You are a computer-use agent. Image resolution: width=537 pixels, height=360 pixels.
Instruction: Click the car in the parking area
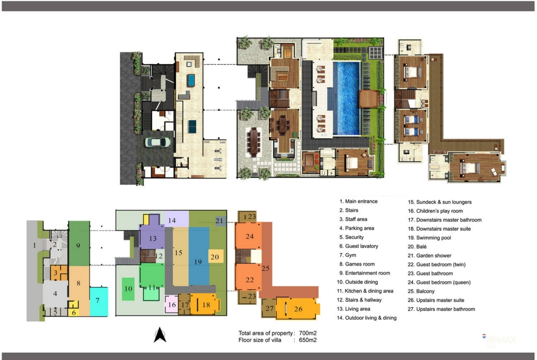click(x=157, y=142)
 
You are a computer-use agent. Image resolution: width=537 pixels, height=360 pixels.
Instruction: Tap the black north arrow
click(x=160, y=335)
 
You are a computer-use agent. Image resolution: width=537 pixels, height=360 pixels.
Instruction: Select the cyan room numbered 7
click(x=99, y=301)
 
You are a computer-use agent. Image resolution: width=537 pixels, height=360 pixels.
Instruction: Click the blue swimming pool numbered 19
click(x=199, y=256)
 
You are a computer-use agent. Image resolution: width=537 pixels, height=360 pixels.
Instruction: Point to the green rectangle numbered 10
click(x=128, y=289)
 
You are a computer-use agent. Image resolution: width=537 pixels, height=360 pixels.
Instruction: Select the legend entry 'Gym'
click(x=347, y=255)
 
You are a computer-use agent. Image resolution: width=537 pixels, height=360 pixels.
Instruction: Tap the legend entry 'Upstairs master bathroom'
click(x=441, y=310)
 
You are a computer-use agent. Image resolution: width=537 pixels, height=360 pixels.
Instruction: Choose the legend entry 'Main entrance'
click(x=358, y=202)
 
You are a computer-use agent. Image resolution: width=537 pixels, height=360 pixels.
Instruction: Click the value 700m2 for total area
click(x=308, y=333)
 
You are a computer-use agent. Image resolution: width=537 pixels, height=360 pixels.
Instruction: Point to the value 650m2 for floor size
click(x=308, y=340)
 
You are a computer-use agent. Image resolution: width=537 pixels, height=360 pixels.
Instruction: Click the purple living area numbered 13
click(x=152, y=237)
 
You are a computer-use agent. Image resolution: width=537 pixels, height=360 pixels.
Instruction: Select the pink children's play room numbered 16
click(x=172, y=304)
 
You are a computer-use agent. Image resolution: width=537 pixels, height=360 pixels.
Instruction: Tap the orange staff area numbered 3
click(x=59, y=273)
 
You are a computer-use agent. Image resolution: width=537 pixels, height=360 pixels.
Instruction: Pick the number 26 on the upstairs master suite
click(x=298, y=309)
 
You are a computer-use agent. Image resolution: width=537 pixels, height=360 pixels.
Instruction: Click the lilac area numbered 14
click(x=176, y=219)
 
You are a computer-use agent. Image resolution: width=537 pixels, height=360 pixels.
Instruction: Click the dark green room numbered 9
click(x=79, y=244)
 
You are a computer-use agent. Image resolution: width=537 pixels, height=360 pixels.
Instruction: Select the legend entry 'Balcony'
click(x=421, y=292)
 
